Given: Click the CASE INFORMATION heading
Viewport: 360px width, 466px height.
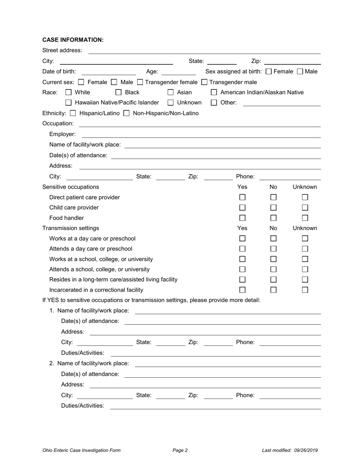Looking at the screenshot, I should pos(73,40).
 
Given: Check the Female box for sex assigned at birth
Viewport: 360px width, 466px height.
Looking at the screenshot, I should pos(269,71).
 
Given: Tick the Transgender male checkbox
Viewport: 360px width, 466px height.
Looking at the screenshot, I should pos(204,82).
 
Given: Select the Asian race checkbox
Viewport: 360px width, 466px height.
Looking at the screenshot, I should pos(171,92).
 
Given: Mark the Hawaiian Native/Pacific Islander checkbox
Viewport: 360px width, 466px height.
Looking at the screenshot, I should pos(69,102).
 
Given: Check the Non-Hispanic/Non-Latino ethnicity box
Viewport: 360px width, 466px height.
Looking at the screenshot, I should pos(127,113).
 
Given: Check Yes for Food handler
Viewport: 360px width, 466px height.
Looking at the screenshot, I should pos(243,218).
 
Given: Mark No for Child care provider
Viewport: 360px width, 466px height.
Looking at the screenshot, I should pos(274,208).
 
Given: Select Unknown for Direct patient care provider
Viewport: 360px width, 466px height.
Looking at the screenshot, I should pos(305,197).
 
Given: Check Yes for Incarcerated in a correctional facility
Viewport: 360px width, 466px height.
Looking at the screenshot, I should pos(243,290).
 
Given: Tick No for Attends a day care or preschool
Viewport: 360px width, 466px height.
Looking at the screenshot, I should pos(274,249).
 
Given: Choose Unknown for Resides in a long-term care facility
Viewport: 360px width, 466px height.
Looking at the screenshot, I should pos(305,280).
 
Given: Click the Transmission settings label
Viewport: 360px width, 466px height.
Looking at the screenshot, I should pos(70,228).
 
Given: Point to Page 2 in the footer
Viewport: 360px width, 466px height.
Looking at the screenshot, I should pos(180,450).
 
